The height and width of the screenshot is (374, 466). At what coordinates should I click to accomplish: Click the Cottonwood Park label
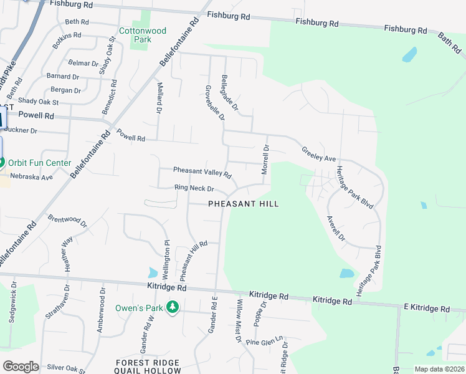coord(143,35)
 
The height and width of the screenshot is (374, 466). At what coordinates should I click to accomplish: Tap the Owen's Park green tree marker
coord(176,308)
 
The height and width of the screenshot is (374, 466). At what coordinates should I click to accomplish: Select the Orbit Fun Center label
coord(38,163)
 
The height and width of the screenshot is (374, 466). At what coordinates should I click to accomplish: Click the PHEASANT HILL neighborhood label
coord(243,204)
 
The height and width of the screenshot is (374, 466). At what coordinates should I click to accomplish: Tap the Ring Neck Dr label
coord(194,188)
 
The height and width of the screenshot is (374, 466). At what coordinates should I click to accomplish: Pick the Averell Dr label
coord(336,229)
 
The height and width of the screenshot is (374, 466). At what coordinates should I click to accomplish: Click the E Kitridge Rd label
coord(426,309)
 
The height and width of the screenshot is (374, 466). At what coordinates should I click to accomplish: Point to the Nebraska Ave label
coord(31,177)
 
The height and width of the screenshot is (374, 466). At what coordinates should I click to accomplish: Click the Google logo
coord(21,367)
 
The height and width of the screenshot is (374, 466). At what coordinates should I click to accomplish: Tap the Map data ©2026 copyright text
coord(439,369)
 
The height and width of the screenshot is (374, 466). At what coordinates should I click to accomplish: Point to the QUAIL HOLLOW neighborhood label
coord(148,371)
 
